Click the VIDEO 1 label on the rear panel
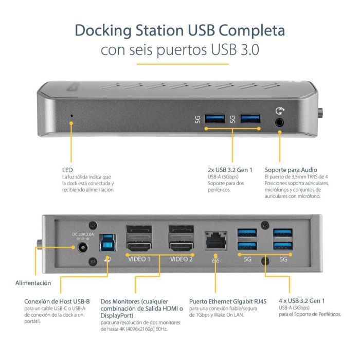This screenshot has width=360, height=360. (x=139, y=259)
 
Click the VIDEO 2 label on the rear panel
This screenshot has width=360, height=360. (x=182, y=259)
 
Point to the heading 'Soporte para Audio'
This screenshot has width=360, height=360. (x=291, y=170)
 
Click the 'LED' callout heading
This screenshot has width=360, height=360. (x=66, y=170)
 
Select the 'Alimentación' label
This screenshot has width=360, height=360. (x=33, y=282)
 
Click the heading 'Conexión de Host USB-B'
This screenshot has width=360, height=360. (x=57, y=301)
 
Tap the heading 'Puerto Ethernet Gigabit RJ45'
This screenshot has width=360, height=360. (x=222, y=301)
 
